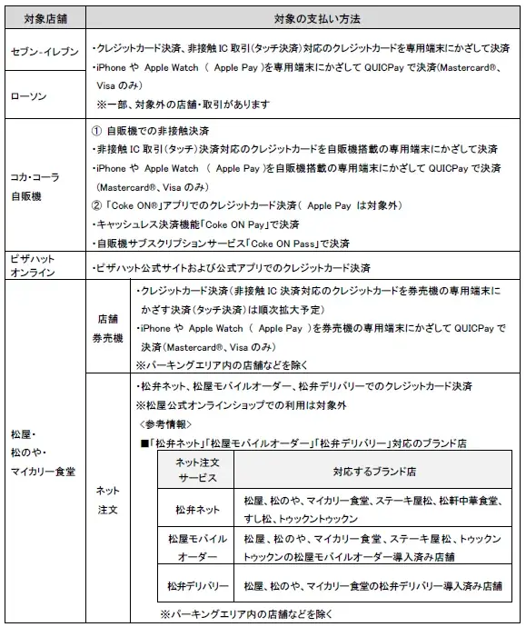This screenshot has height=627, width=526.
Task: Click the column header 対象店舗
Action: (x=45, y=18)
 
